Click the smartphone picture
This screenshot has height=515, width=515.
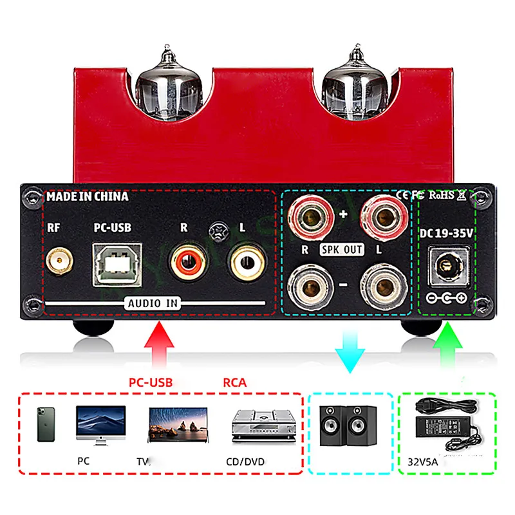pyautogui.click(x=46, y=424)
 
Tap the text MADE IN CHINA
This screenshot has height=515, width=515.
pyautogui.click(x=88, y=196)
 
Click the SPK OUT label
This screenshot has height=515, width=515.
pyautogui.click(x=342, y=249)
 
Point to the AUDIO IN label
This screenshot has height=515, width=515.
pyautogui.click(x=153, y=303)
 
